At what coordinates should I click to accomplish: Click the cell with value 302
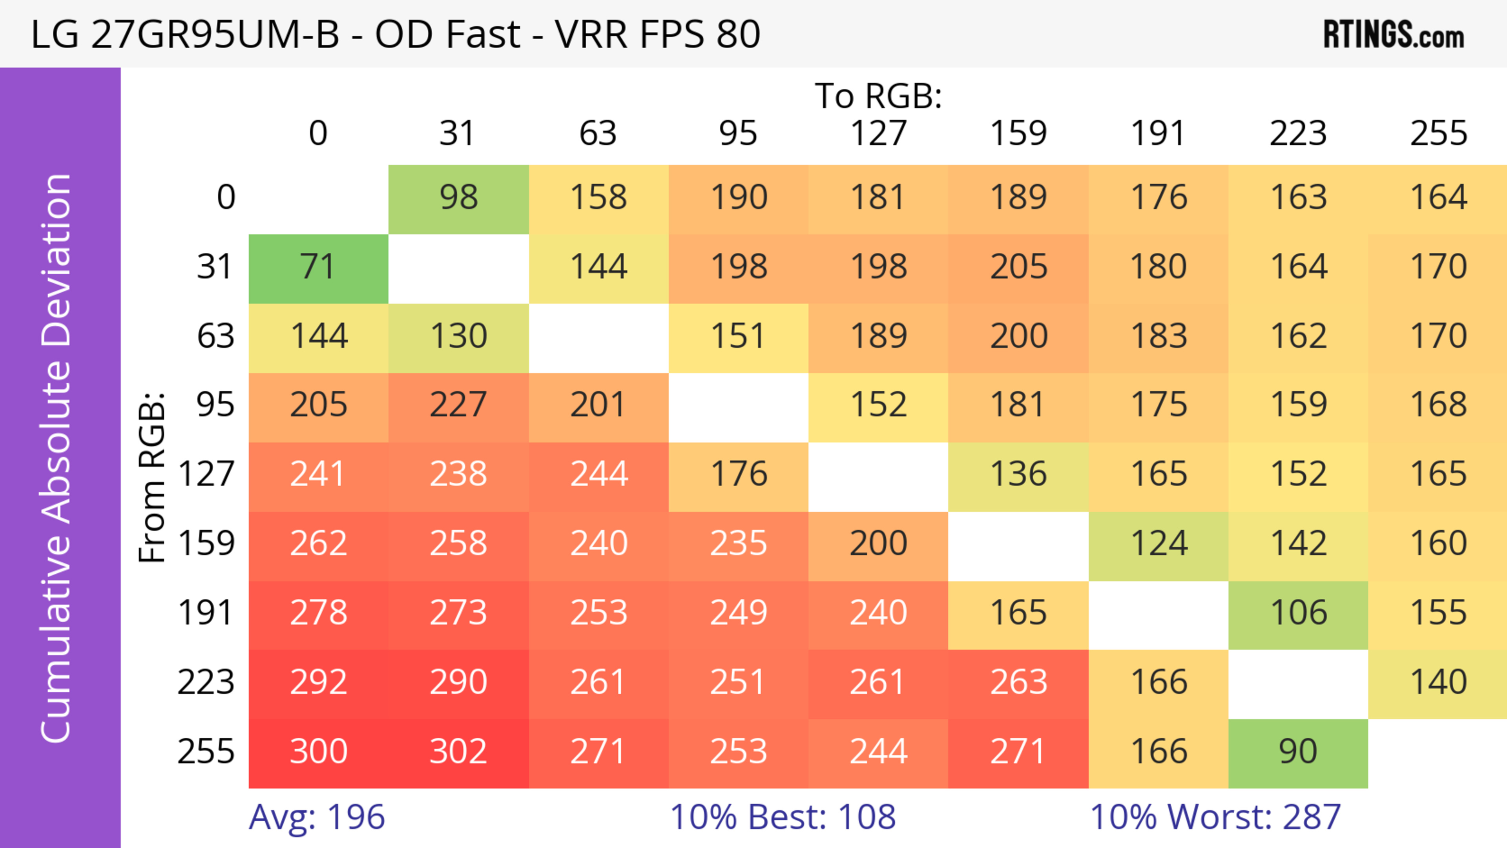(x=458, y=751)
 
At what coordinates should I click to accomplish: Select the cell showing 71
(x=318, y=267)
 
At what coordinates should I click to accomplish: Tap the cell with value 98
(x=458, y=198)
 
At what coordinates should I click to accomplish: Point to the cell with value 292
(x=318, y=682)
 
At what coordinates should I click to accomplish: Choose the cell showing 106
(x=1298, y=613)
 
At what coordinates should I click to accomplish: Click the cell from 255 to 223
(x=1298, y=751)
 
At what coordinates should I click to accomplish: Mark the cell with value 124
(x=1159, y=544)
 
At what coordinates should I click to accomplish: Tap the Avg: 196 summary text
(x=316, y=817)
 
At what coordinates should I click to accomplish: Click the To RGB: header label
(x=878, y=96)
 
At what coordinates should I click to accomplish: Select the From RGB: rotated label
(x=152, y=477)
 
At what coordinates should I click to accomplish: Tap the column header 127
(x=878, y=133)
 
